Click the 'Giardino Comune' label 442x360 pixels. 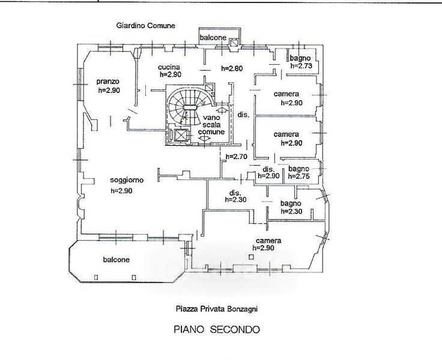pos(146,26)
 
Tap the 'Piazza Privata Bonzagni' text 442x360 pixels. pos(216,309)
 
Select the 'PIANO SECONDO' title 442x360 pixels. pos(216,329)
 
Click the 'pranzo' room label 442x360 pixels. pos(108,82)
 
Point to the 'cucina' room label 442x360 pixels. pos(169,67)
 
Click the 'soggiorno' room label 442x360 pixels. pos(127,180)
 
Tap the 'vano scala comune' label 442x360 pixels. pos(211,125)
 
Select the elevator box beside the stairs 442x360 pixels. pos(181,135)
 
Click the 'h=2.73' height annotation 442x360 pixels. pos(301,65)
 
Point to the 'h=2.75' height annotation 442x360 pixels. pos(299,176)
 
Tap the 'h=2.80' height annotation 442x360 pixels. pos(232,68)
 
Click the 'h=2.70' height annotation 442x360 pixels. pos(237,157)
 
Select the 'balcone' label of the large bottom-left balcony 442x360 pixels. pos(116,259)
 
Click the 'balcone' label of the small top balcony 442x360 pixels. pos(213,37)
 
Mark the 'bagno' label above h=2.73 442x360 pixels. pos(300,58)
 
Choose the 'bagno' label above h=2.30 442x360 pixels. pos(291,203)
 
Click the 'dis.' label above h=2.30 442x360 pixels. pos(235,193)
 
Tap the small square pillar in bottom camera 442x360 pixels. pos(251,257)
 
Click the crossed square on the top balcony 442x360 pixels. pos(234,43)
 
